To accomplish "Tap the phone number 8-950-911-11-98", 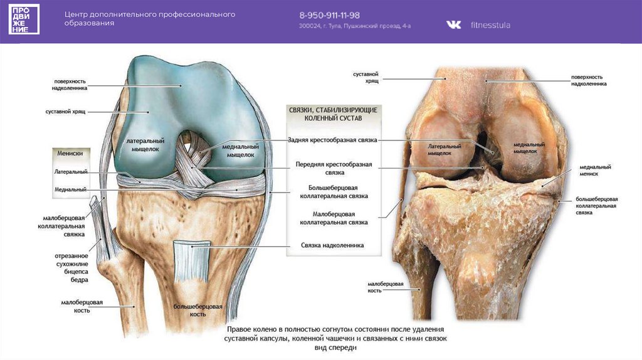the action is (x=329, y=14).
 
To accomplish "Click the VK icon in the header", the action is (x=453, y=24).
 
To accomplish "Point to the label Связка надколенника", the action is (x=332, y=245).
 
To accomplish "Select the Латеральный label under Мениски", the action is (x=70, y=171).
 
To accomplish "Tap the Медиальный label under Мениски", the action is (x=70, y=189).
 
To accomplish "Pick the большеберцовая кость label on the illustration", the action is (x=197, y=309).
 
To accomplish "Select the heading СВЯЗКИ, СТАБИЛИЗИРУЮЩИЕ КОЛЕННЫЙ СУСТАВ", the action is (x=334, y=113).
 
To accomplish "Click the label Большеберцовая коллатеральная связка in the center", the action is (x=334, y=191).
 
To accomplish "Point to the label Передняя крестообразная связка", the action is (x=334, y=167).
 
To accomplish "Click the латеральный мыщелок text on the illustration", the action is (x=145, y=146).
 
